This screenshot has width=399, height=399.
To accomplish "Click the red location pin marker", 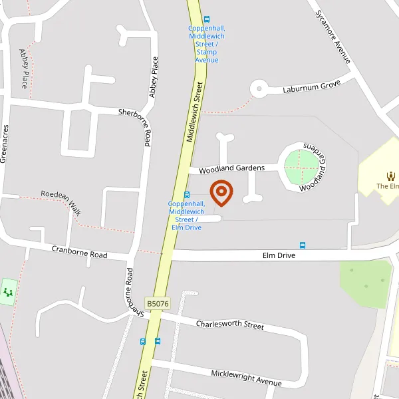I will [221, 192].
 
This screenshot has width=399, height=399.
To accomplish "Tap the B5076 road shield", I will [158, 304].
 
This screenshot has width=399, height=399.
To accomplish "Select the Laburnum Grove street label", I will [311, 86].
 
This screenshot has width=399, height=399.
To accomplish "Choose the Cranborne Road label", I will [80, 251].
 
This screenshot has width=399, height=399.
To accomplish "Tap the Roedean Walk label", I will [61, 201].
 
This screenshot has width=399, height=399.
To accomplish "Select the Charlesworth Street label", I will [229, 325].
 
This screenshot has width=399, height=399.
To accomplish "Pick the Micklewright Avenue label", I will [246, 378].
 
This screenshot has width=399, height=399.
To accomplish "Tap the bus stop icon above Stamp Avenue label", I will [207, 19].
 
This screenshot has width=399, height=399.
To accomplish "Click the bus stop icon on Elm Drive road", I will [303, 245].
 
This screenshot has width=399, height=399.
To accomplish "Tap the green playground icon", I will [8, 292].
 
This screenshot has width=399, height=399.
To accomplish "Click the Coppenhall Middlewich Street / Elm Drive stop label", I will [187, 215].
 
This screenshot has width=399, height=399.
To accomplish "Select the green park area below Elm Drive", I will [365, 283].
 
